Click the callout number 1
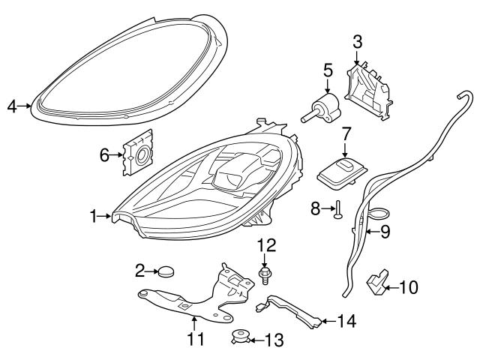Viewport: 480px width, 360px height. pos(94,217)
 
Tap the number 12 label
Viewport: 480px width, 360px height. pos(267,245)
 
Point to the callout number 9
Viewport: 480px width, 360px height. pos(385,232)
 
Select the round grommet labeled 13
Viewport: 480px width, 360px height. pos(241,337)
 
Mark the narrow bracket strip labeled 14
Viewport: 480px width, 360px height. pos(292,310)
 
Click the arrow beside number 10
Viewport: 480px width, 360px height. pos(391,286)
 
